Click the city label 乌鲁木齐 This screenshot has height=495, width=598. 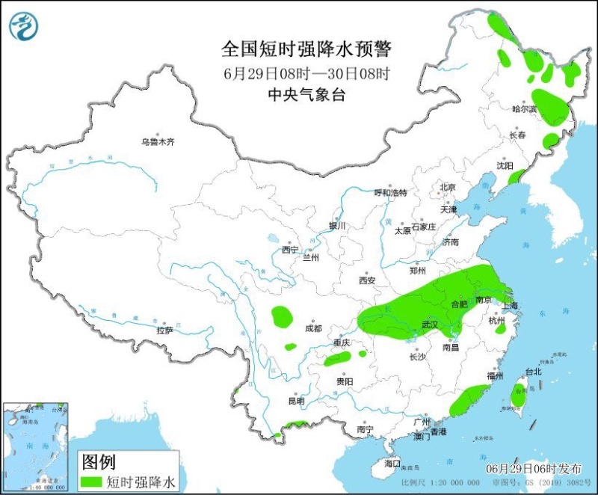click(x=158, y=141)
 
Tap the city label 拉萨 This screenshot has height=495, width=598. click(x=164, y=330)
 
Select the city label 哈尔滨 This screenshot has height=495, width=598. click(x=525, y=109)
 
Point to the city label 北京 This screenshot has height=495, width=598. click(x=448, y=187)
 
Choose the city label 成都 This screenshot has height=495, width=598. click(x=313, y=328)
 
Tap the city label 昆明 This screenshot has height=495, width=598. click(x=296, y=402)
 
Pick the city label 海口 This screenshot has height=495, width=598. click(x=392, y=463)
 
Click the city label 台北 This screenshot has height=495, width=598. click(x=533, y=371)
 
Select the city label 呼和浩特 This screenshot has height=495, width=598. click(x=390, y=193)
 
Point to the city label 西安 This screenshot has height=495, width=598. click(x=366, y=280)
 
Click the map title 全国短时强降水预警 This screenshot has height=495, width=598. click(x=306, y=49)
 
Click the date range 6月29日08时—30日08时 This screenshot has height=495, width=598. click(x=306, y=73)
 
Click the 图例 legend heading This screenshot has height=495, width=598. click(x=99, y=461)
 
